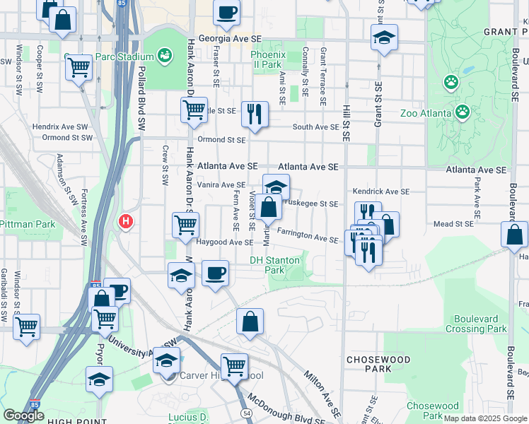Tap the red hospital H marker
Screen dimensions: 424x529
point(126,221)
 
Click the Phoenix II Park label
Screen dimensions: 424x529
point(267,59)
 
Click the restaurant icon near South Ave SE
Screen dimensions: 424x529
point(254,113)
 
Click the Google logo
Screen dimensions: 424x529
point(23,416)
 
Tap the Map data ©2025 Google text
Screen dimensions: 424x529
point(485,418)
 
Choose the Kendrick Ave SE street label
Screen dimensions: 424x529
point(381,192)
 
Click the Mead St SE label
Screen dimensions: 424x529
point(453,224)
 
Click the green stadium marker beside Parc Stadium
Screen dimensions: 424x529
point(165,54)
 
